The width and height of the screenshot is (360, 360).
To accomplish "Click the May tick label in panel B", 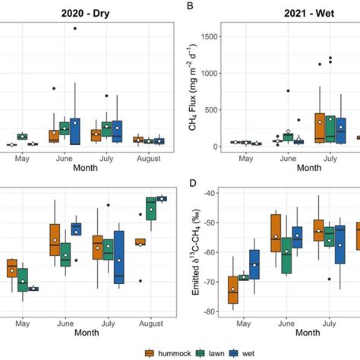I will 246,160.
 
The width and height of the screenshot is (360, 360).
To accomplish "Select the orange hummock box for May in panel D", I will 232,290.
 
